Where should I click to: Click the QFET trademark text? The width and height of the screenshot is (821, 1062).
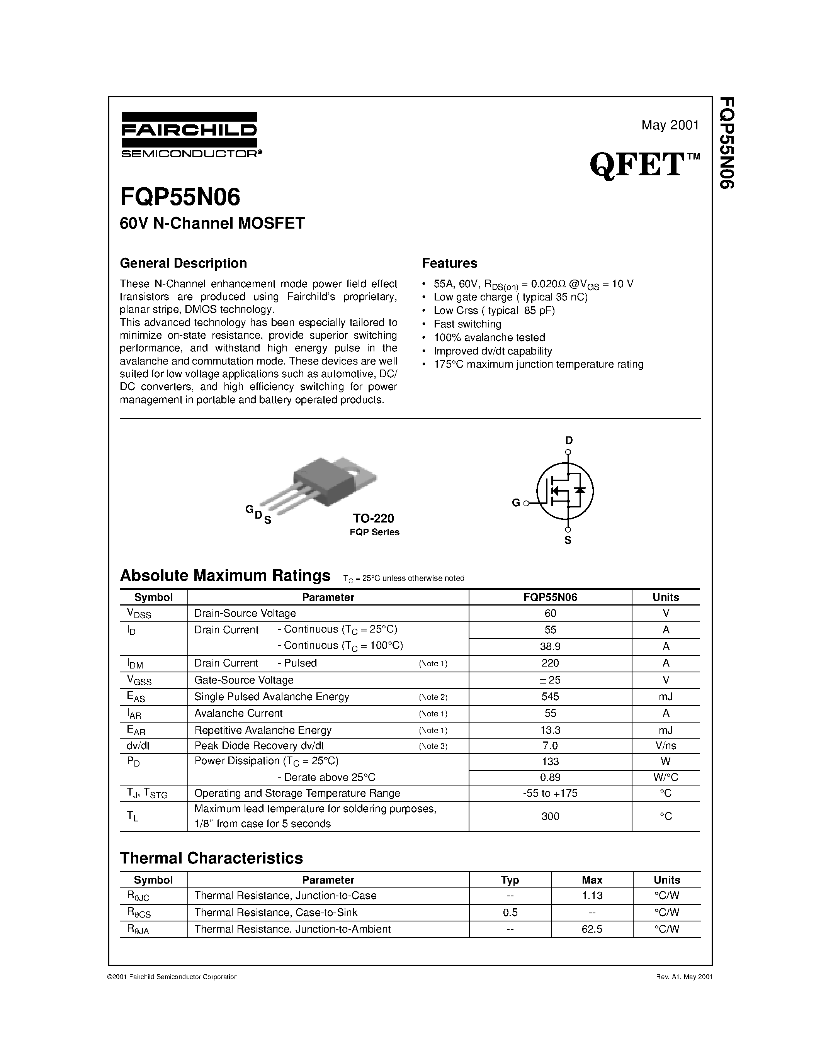coord(637,165)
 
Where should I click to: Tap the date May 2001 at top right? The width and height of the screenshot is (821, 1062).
coord(670,126)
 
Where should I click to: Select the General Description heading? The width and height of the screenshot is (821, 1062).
coord(184,263)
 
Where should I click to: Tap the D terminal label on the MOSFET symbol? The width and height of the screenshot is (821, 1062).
coord(569,441)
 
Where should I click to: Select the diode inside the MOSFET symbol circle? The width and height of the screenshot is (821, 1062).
coord(580,490)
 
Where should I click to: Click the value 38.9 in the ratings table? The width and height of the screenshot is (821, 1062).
coord(550,646)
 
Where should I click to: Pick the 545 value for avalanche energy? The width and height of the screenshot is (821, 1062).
coord(550,696)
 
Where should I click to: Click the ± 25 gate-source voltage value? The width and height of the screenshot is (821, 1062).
coord(550,680)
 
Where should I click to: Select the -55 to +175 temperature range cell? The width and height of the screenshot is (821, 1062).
coord(550,793)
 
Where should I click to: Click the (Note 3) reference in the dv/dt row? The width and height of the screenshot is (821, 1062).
coord(433,746)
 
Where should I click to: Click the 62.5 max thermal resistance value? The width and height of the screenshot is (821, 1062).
coord(592,929)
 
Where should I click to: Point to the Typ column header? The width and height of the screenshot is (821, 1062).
coord(510,880)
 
